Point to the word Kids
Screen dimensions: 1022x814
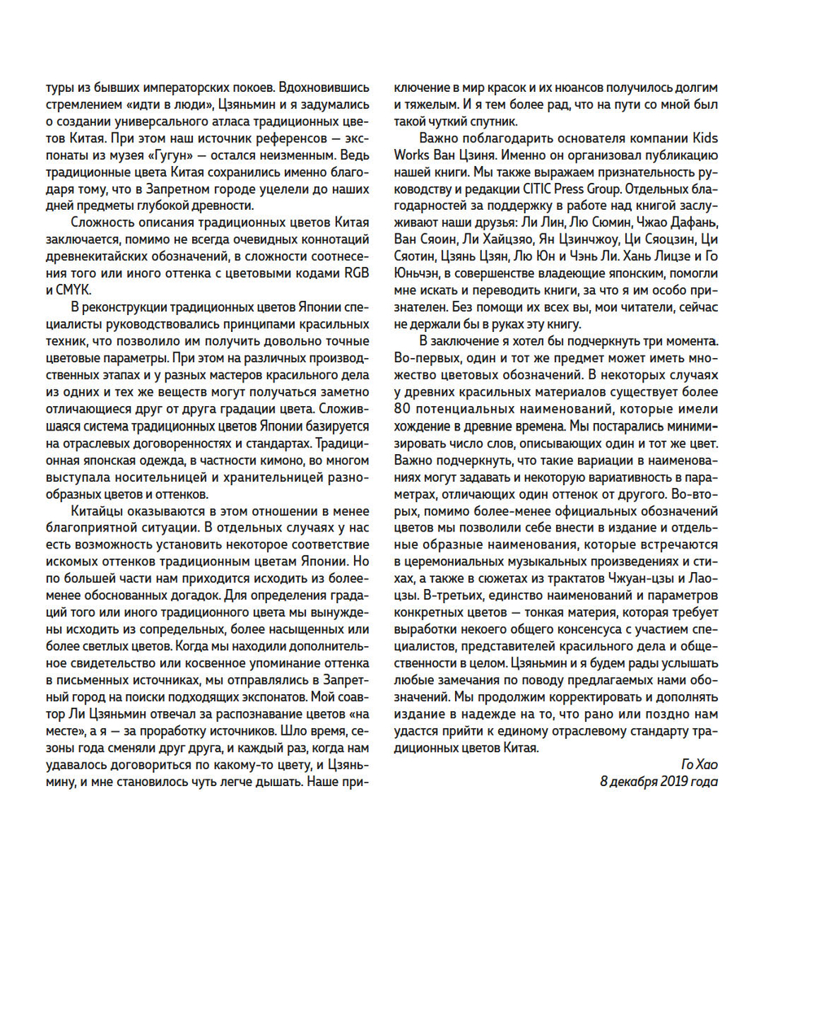704,138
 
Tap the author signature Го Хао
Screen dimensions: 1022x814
699,765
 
